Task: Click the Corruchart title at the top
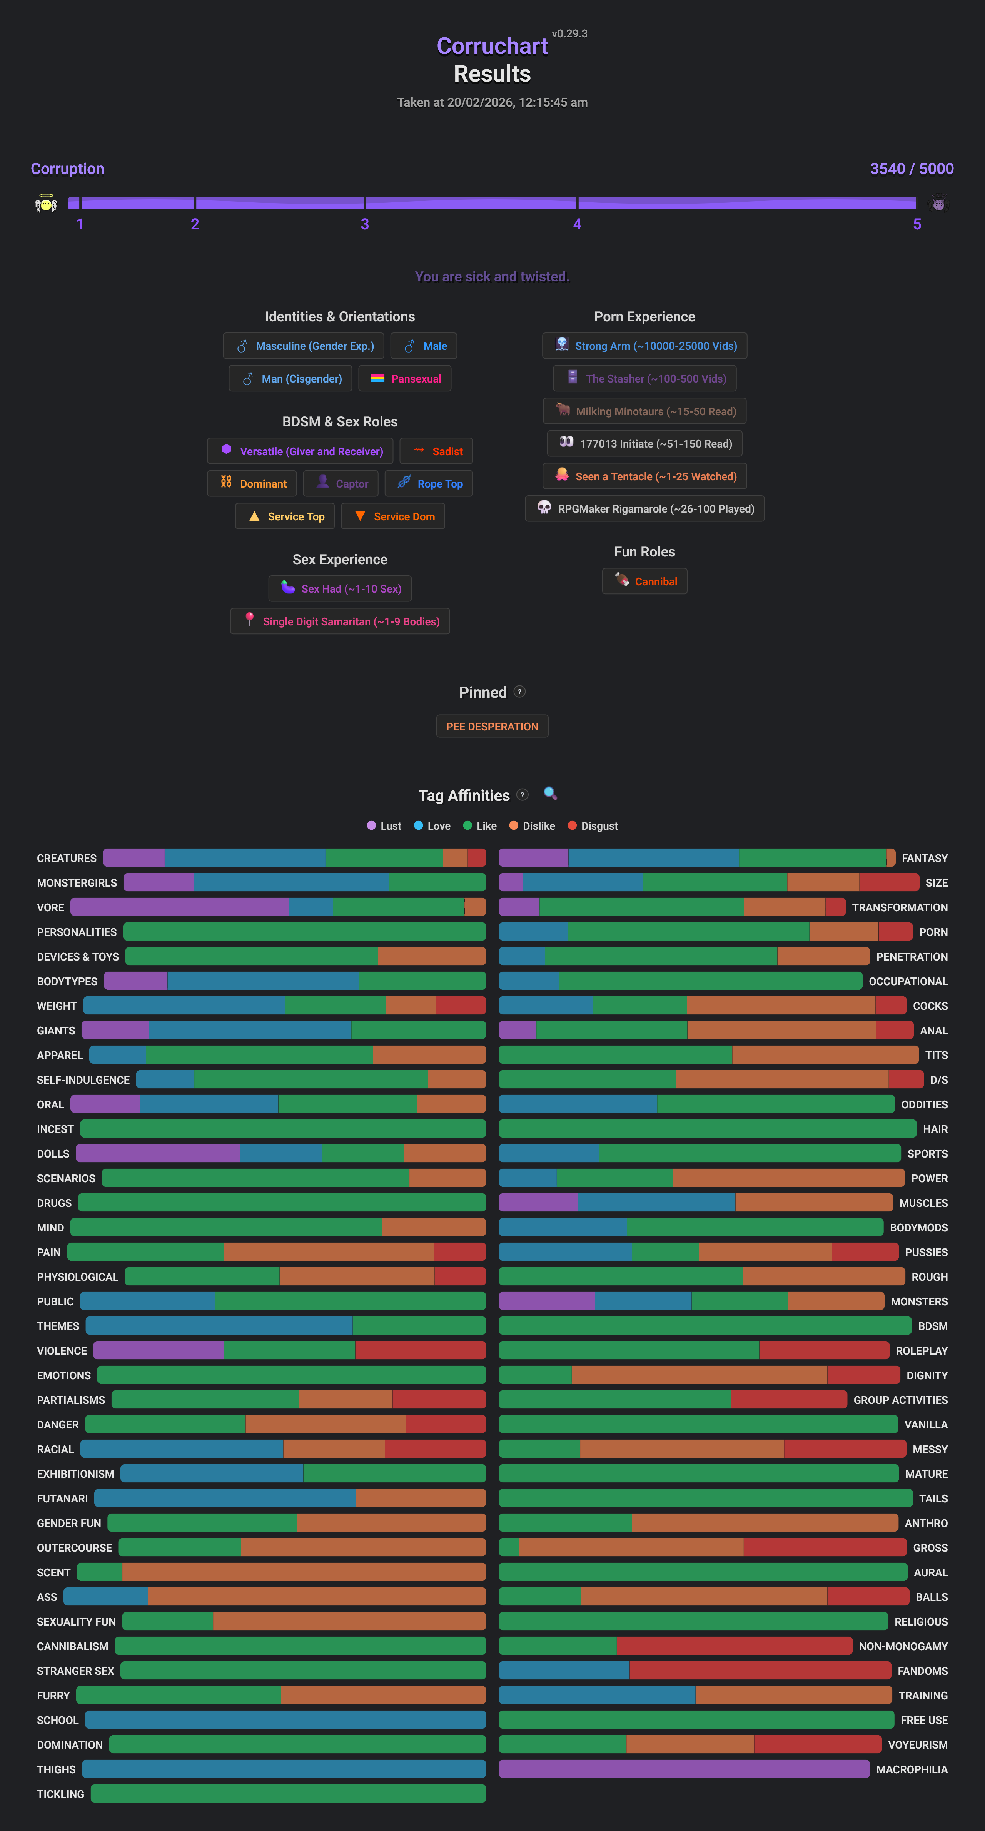(492, 46)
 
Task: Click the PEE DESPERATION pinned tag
(492, 727)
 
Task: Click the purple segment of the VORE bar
(180, 907)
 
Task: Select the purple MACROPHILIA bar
(684, 1769)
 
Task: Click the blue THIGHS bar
(284, 1769)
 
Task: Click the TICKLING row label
(60, 1794)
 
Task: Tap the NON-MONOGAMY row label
(903, 1646)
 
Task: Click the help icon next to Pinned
(519, 692)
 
